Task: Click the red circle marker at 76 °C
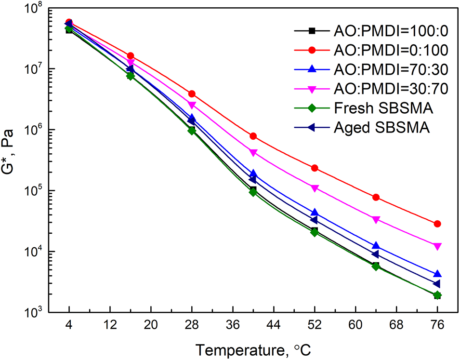click(x=437, y=224)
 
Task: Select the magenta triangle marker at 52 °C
click(x=315, y=188)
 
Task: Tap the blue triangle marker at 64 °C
click(x=376, y=246)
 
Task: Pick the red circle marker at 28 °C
click(x=192, y=93)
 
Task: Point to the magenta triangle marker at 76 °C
click(x=437, y=246)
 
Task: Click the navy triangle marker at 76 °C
click(x=436, y=283)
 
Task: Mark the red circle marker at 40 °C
click(x=253, y=136)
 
